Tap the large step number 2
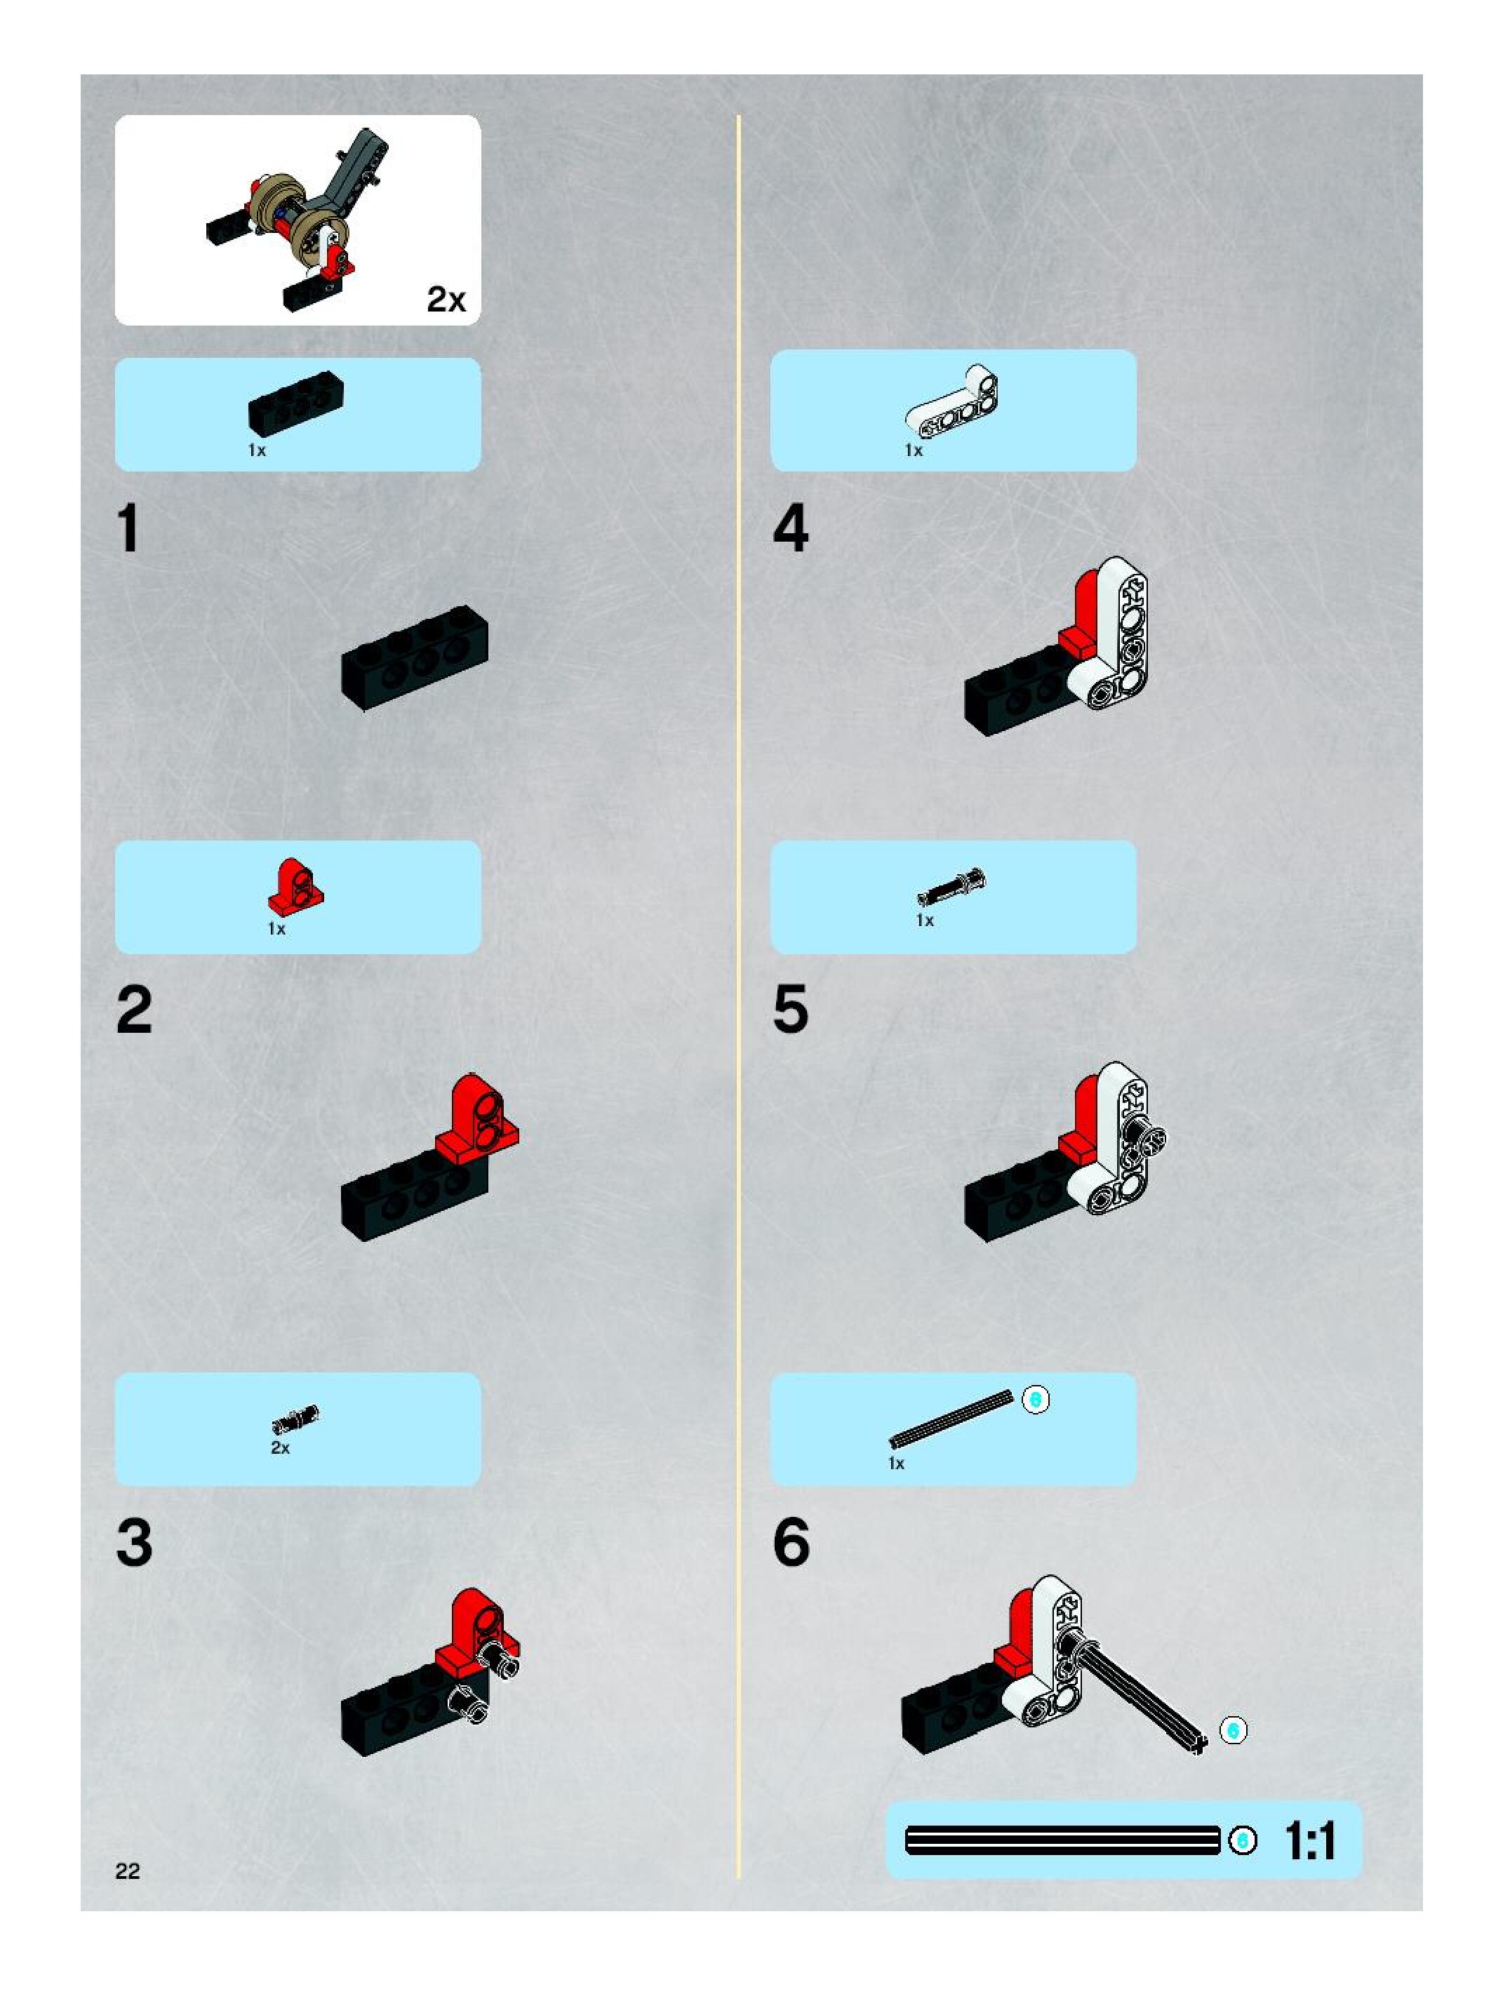pos(134,1010)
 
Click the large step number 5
pos(791,1010)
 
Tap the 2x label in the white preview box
pos(446,300)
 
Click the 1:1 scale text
pos(1311,1840)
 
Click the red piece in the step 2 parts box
pos(295,885)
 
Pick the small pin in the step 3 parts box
pos(295,1421)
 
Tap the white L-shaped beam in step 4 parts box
pos(952,401)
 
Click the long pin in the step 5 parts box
pos(952,885)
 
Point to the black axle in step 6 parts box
pos(951,1418)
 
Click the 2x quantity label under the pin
pos(281,1447)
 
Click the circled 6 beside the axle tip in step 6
pos(1234,1730)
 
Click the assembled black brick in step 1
pos(415,657)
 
